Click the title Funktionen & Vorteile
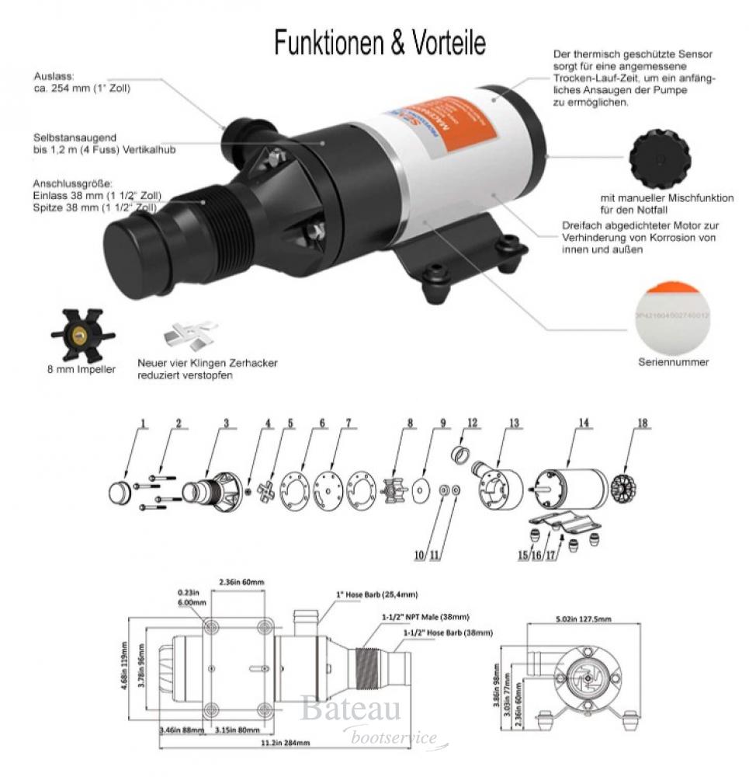pyautogui.click(x=380, y=44)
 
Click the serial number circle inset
pyautogui.click(x=672, y=316)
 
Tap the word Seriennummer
pyautogui.click(x=673, y=362)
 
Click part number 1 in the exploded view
pyautogui.click(x=143, y=423)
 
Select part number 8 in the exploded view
pyautogui.click(x=409, y=423)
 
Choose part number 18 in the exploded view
pyautogui.click(x=643, y=423)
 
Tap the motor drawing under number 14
pyautogui.click(x=570, y=486)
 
